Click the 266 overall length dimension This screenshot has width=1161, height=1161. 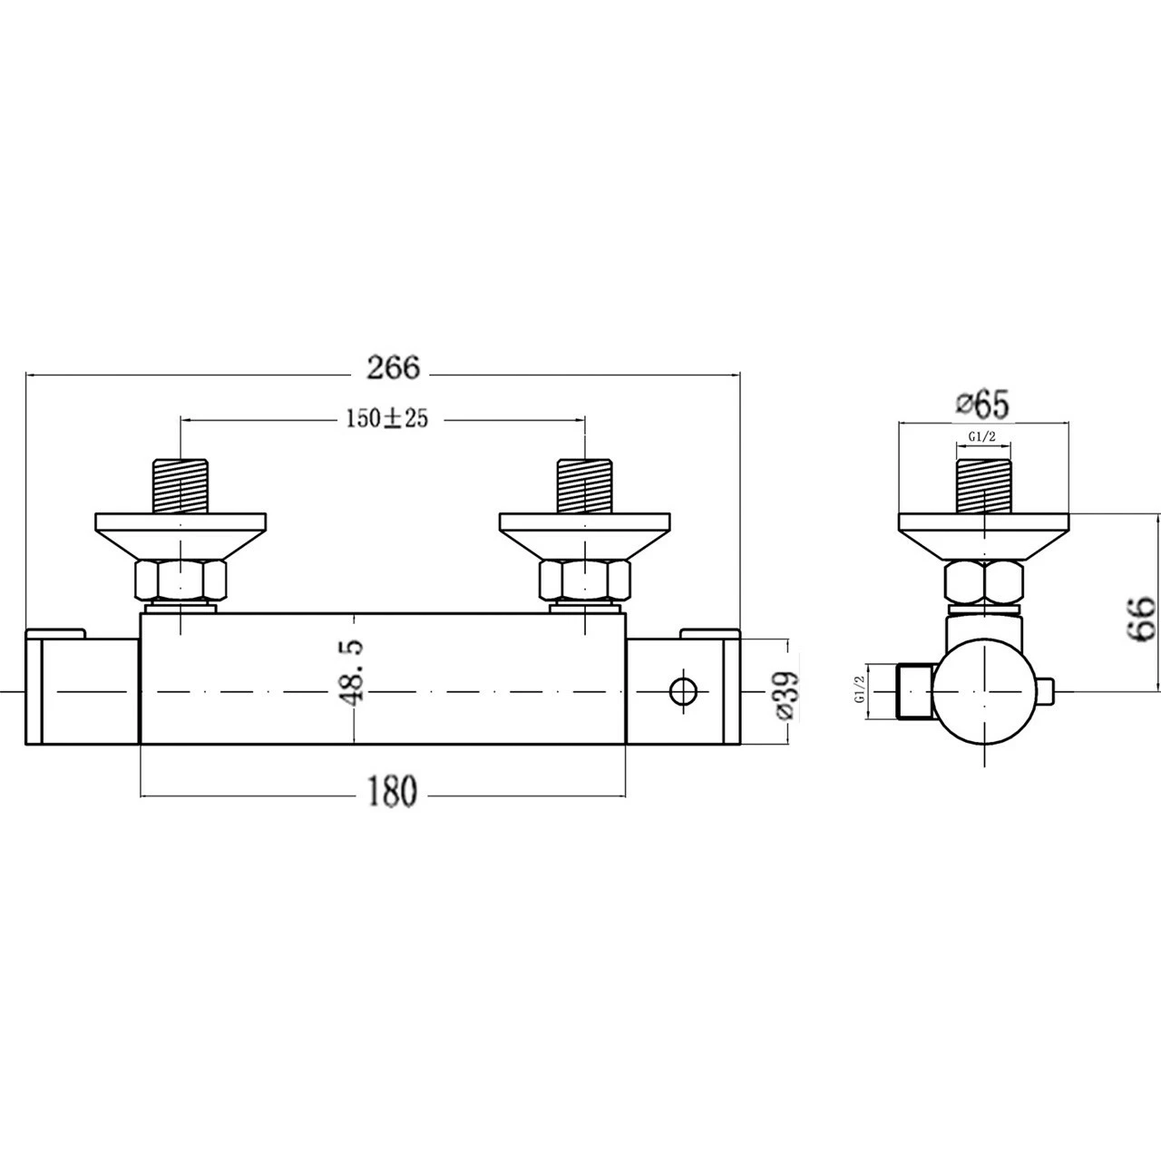394,367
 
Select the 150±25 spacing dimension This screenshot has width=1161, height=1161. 385,418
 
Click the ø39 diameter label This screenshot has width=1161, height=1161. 787,694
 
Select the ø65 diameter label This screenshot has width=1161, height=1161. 981,405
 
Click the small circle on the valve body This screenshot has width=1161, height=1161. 683,692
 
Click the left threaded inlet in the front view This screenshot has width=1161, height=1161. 182,487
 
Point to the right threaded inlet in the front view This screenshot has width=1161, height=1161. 586,487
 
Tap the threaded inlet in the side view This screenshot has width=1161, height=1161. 984,487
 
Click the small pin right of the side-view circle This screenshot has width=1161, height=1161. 1048,691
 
